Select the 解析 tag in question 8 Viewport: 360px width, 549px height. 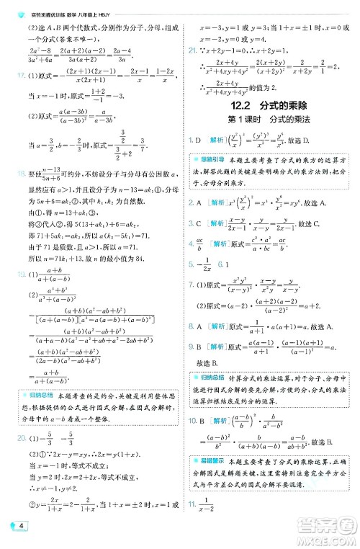pos(217,325)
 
